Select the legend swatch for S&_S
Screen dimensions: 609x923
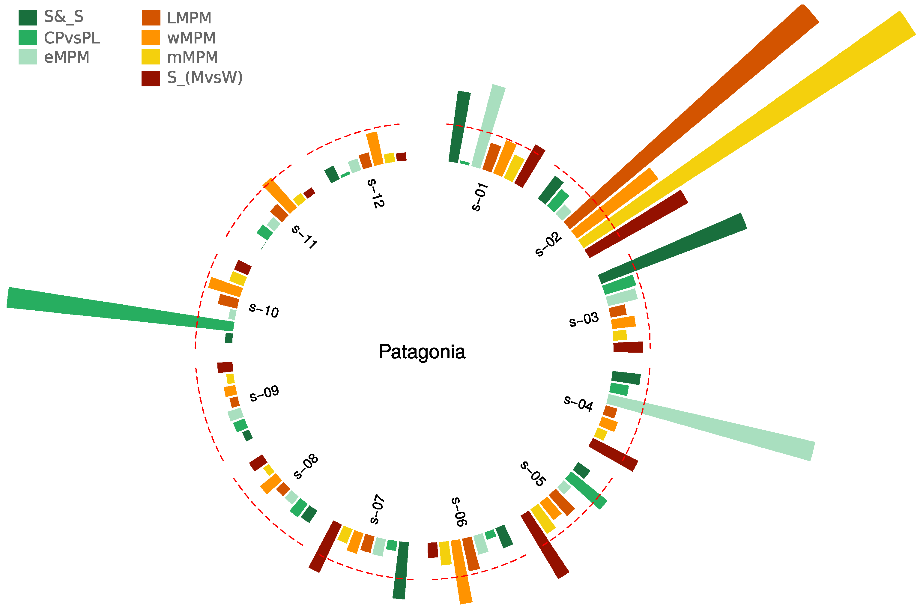[x=28, y=17]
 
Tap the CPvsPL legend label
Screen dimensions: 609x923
[x=72, y=38]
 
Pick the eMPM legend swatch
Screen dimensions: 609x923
[x=28, y=57]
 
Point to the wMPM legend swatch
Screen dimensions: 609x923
[x=151, y=38]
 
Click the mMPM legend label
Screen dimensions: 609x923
[x=192, y=57]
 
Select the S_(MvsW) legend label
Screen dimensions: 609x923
[x=205, y=77]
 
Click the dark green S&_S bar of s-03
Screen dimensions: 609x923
[x=672, y=248]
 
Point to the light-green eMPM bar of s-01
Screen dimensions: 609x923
[x=488, y=126]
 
